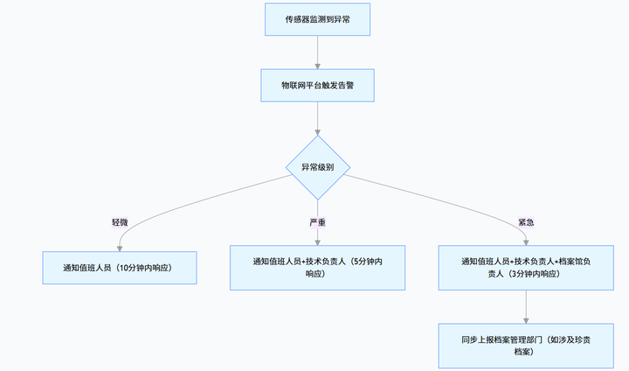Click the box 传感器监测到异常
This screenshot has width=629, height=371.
tap(317, 18)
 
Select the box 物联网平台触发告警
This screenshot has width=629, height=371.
tap(317, 86)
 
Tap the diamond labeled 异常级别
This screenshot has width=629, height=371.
tap(317, 166)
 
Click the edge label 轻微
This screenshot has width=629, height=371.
tap(120, 222)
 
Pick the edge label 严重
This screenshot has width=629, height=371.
tap(317, 222)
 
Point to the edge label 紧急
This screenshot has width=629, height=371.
tap(526, 222)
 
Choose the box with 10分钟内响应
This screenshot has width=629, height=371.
tap(120, 267)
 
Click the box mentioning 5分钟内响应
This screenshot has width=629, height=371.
tap(317, 267)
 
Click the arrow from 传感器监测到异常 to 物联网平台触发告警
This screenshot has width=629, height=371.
tap(317, 52)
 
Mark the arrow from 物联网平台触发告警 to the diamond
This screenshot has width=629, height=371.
tap(317, 118)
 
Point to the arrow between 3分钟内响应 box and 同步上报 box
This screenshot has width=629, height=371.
tap(526, 305)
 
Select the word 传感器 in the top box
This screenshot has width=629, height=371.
tap(298, 18)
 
